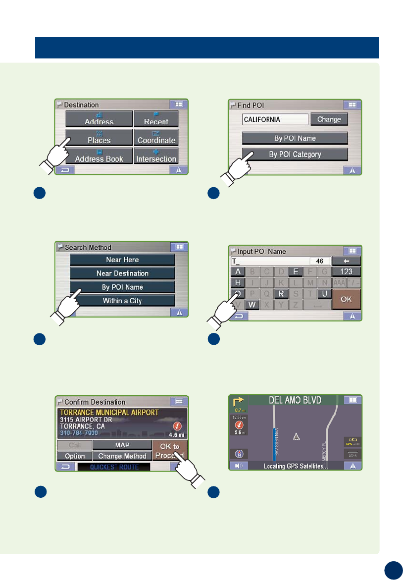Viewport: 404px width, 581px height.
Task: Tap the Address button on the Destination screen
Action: pyautogui.click(x=99, y=119)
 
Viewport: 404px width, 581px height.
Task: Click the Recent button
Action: pyautogui.click(x=156, y=119)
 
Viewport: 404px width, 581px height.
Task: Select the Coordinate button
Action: pyautogui.click(x=156, y=138)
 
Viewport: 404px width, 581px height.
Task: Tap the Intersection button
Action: pyautogui.click(x=156, y=157)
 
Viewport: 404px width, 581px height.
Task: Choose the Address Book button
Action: pyautogui.click(x=99, y=157)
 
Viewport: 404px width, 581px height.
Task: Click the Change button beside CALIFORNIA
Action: pyautogui.click(x=329, y=119)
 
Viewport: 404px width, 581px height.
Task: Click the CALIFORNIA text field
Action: pyautogui.click(x=275, y=119)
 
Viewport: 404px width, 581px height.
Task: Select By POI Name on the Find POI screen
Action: pyautogui.click(x=295, y=138)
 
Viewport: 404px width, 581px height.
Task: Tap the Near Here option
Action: pyautogui.click(x=122, y=260)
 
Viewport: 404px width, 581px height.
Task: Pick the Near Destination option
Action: pyautogui.click(x=122, y=273)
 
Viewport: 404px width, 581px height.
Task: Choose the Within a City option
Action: pyautogui.click(x=122, y=301)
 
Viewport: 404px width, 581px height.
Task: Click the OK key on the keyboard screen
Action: pyautogui.click(x=346, y=299)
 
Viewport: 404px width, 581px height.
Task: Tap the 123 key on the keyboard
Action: pyautogui.click(x=346, y=271)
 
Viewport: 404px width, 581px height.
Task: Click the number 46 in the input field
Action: pyautogui.click(x=320, y=261)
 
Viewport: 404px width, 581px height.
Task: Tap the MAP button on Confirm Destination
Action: pyautogui.click(x=122, y=445)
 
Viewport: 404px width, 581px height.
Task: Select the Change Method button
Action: pyautogui.click(x=122, y=456)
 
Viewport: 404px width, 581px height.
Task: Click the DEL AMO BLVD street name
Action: pyautogui.click(x=295, y=399)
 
